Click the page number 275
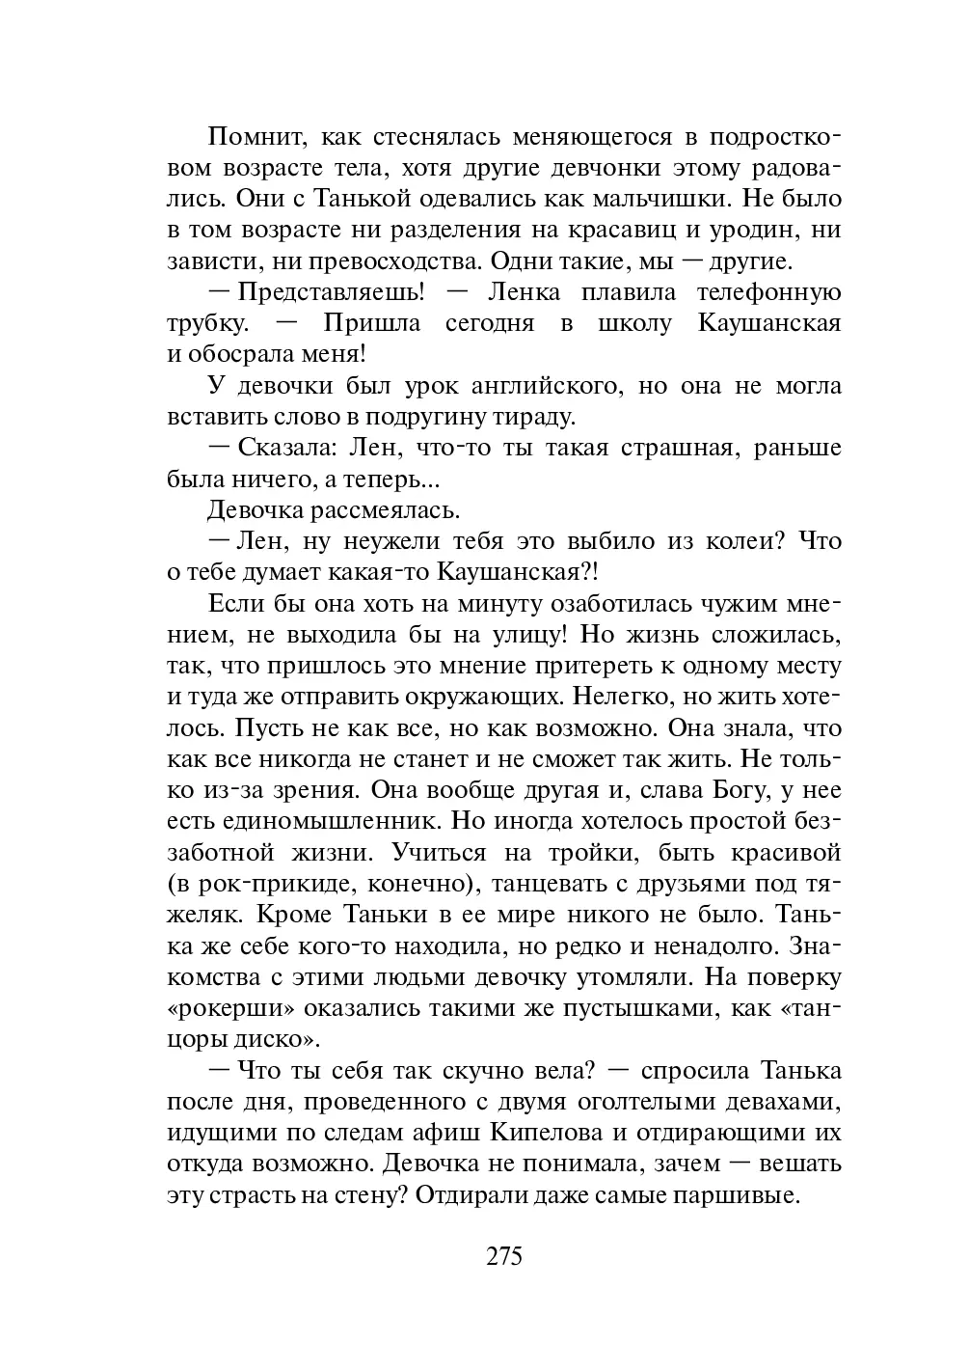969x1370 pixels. [503, 1256]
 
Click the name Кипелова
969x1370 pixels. [551, 1133]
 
